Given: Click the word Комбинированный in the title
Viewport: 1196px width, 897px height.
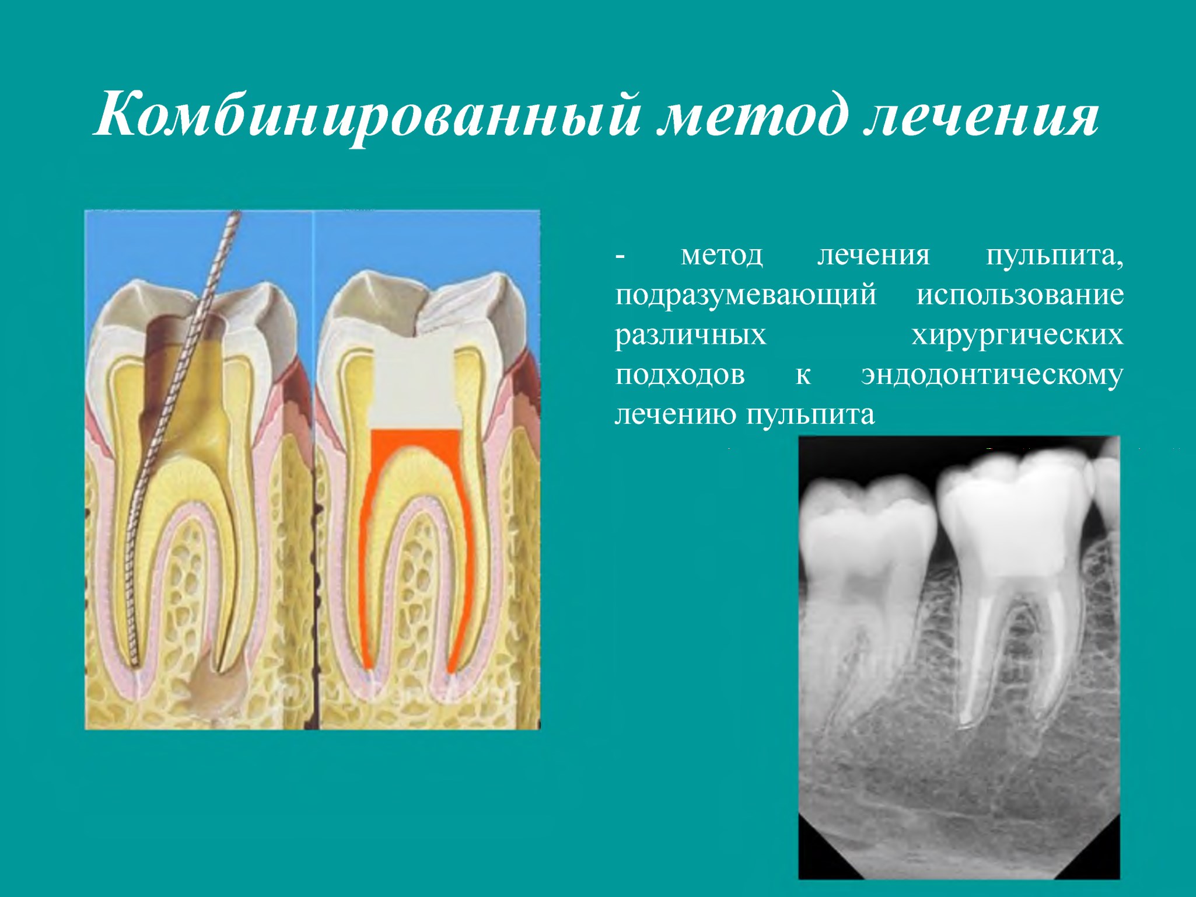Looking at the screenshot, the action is (x=366, y=115).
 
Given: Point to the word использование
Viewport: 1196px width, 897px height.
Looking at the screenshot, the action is (x=1020, y=294).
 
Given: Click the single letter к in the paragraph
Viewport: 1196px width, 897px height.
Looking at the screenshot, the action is (x=803, y=375).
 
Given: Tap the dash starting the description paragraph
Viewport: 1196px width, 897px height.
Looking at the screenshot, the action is (x=620, y=257).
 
